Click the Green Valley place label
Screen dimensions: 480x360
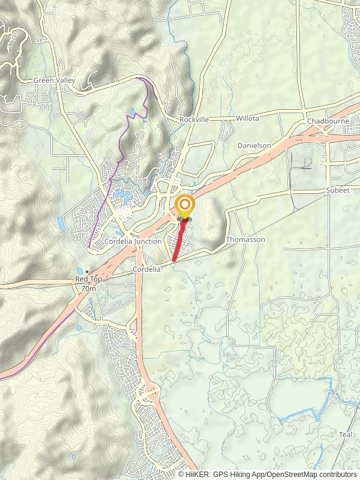coord(52,80)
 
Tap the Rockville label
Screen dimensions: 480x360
coord(194,119)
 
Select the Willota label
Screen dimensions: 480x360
coord(247,118)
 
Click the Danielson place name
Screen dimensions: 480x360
coord(254,145)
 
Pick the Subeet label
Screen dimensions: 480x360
coord(337,190)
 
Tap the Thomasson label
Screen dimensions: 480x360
coord(245,239)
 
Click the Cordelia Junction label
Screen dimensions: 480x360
coord(133,241)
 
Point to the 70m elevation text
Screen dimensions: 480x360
coord(89,289)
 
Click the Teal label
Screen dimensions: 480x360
coord(345,434)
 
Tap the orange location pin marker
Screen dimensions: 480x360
coord(184,206)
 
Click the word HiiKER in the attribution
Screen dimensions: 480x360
coord(196,474)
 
